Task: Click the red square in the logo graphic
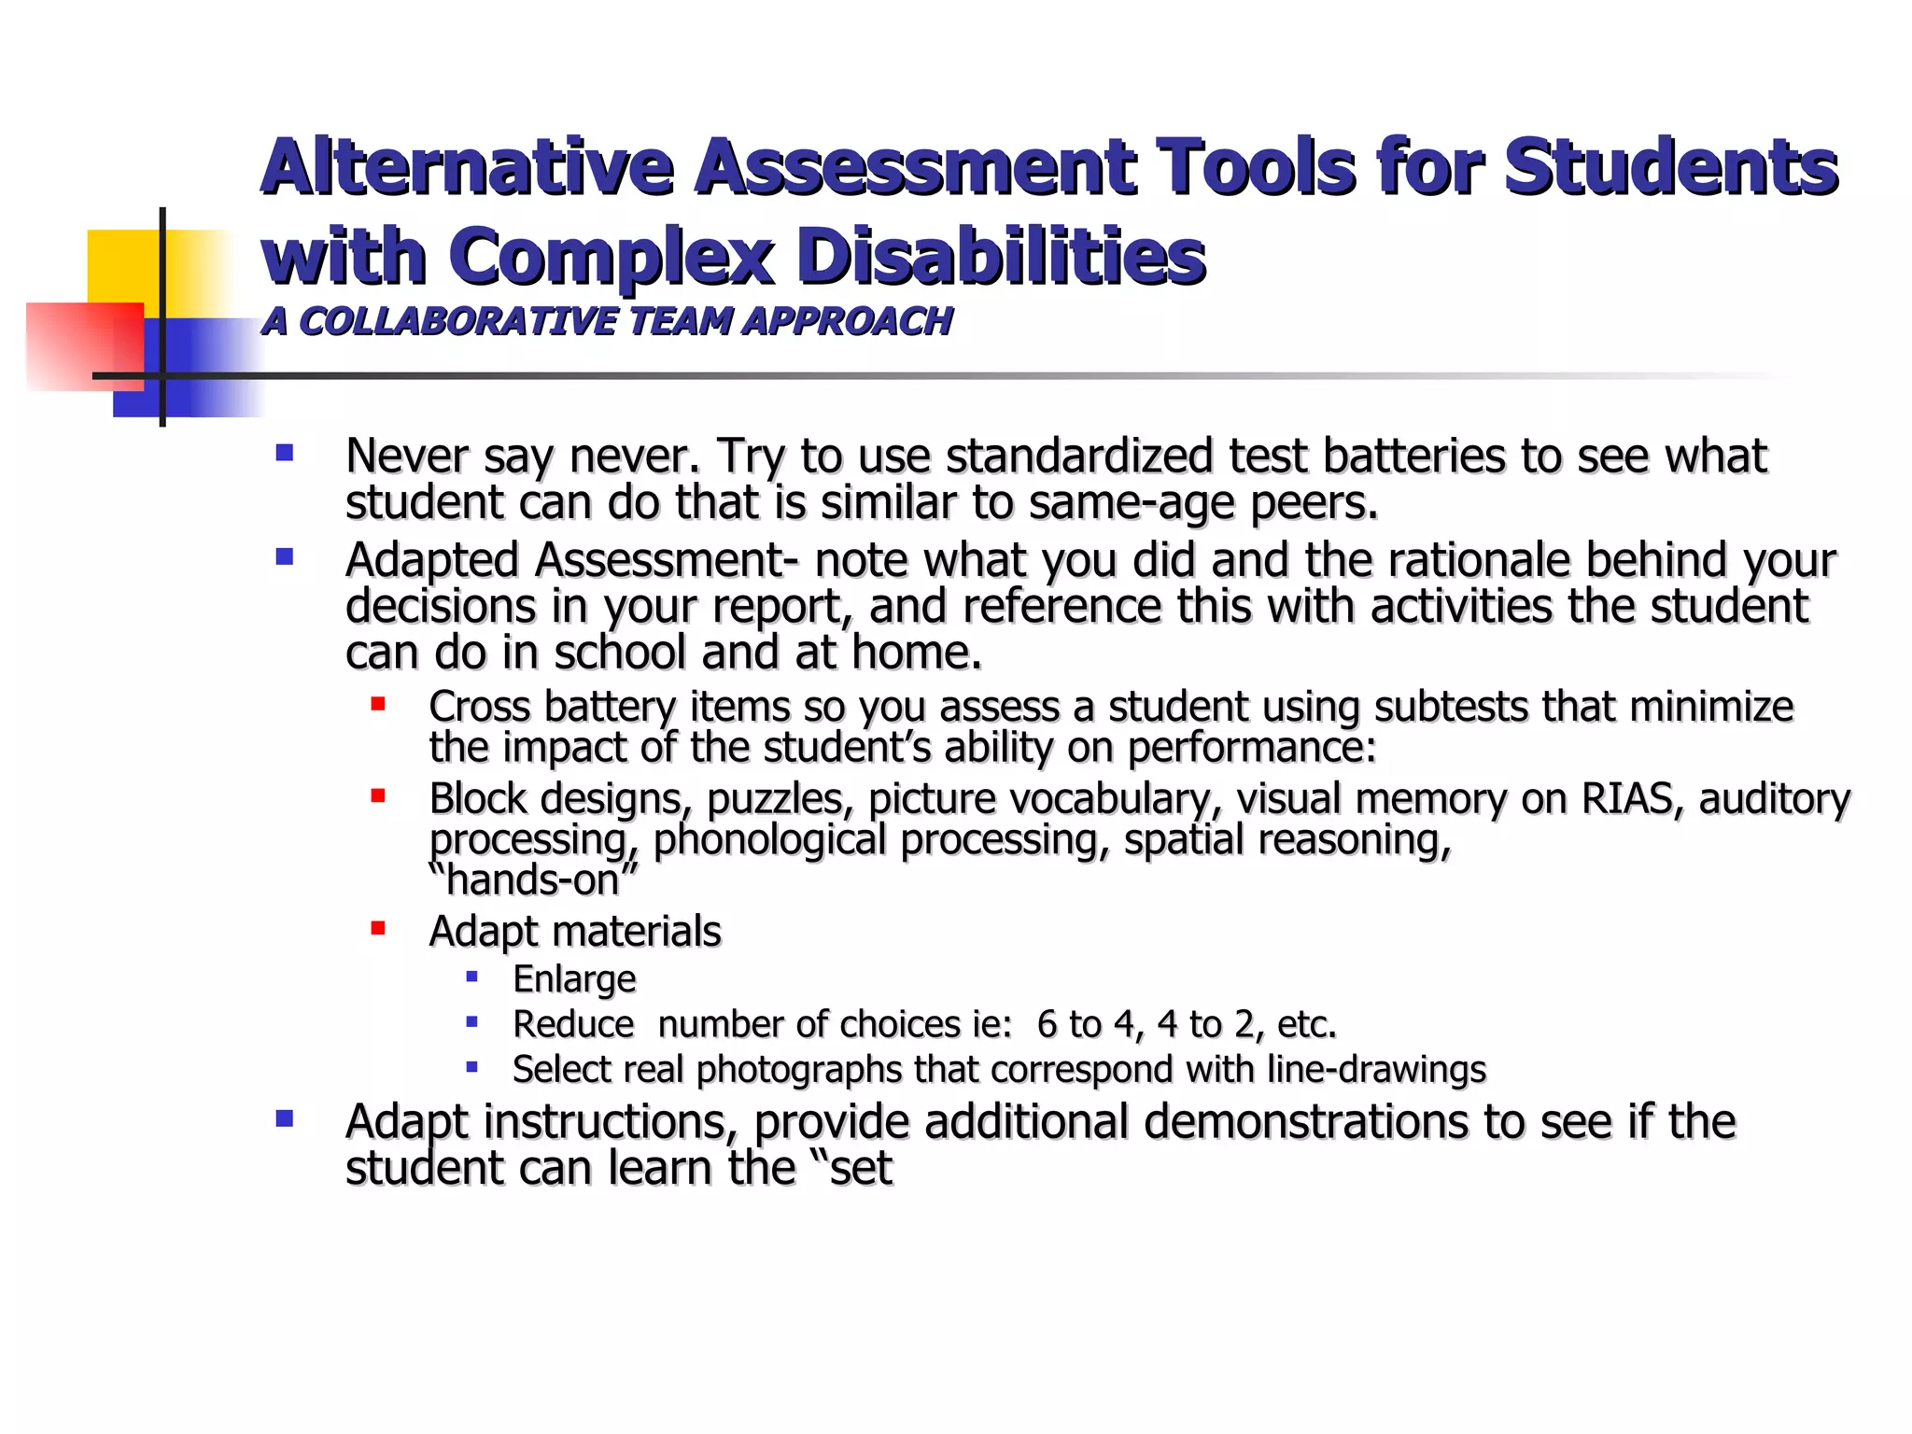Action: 84,345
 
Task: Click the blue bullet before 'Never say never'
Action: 285,455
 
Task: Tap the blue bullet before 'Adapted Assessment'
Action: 285,558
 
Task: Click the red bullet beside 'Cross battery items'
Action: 378,704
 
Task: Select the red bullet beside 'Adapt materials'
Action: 378,928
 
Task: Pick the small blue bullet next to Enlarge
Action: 472,977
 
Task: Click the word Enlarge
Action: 574,979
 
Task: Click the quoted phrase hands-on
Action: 533,879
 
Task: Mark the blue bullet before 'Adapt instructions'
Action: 285,1118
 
